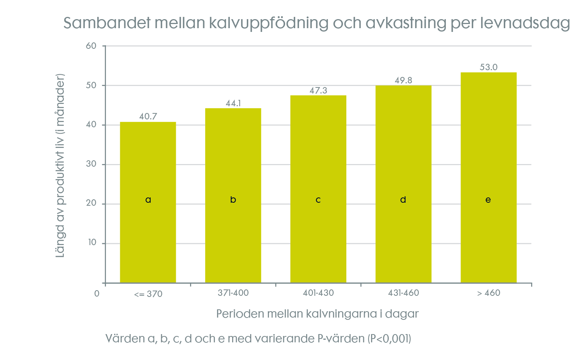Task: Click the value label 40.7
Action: (x=148, y=116)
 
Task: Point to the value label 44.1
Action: (x=233, y=103)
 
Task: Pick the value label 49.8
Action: (x=403, y=80)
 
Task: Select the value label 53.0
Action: (x=488, y=67)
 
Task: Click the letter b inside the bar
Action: (x=233, y=200)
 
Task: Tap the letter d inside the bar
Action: (x=403, y=200)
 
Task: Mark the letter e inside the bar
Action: (x=488, y=200)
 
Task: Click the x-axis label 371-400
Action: (x=233, y=293)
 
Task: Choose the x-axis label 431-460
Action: (x=403, y=293)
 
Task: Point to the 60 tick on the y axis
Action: (x=91, y=46)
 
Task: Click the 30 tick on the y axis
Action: (x=91, y=164)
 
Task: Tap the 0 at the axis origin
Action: (x=97, y=294)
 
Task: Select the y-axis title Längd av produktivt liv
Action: (x=60, y=165)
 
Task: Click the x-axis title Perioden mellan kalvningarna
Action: (x=317, y=314)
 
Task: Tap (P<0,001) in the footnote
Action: (x=389, y=339)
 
